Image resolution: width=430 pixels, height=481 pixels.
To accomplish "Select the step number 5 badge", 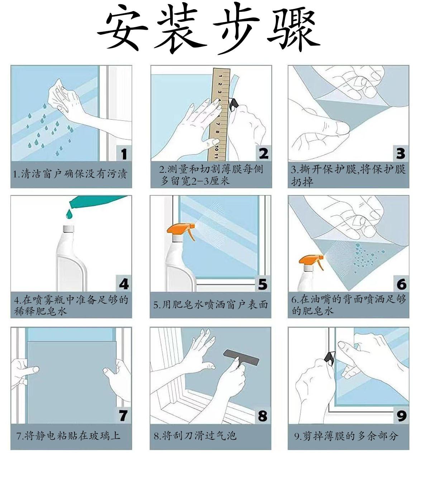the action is click(262, 284).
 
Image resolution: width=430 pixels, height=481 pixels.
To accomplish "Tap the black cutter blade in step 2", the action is click(233, 104).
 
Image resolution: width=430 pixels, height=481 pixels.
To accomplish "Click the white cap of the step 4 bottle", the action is click(68, 229).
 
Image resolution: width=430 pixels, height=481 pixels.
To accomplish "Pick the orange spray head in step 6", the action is click(311, 261).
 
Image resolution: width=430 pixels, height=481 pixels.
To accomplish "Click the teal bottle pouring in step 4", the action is click(100, 201).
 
